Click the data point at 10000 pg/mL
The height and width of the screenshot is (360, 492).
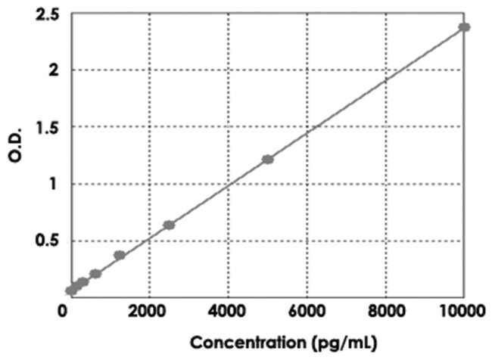464,27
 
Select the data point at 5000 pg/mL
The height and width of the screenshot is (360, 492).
267,160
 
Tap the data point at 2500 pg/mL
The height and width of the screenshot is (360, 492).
169,225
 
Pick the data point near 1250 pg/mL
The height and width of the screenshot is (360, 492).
120,256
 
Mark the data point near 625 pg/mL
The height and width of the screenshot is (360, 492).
95,274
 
